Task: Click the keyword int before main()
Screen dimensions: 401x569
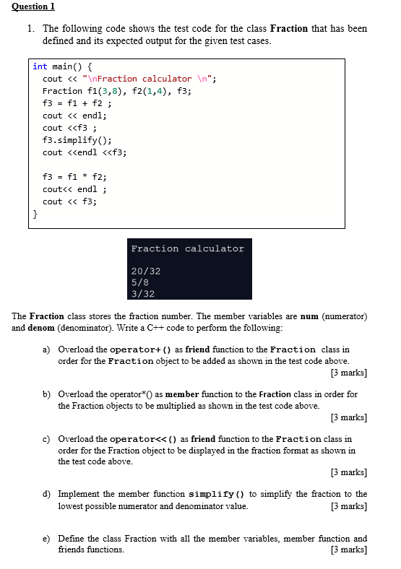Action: point(40,66)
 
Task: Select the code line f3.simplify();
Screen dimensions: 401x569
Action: point(77,140)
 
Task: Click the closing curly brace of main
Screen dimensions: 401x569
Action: point(35,214)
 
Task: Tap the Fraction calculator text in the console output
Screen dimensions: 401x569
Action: point(187,248)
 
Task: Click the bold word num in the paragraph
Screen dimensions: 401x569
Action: point(309,316)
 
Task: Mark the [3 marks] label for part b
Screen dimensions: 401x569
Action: point(348,417)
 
